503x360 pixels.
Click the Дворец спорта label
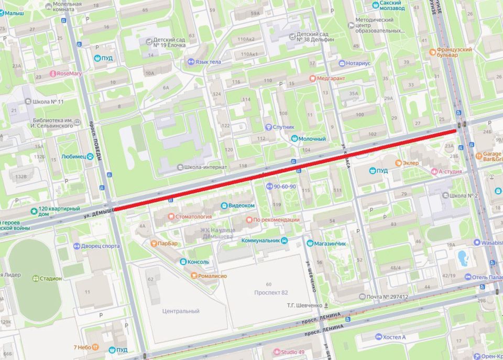point(101,245)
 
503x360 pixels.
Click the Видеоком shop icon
point(224,205)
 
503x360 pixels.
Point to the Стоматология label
point(193,216)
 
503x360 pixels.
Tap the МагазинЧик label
point(330,243)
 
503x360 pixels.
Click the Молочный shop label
point(312,139)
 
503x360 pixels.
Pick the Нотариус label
point(357,63)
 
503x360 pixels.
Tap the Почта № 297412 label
point(387,297)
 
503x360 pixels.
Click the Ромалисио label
point(212,275)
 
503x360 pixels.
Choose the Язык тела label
point(207,62)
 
